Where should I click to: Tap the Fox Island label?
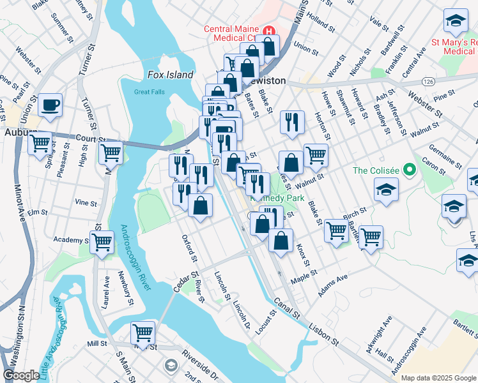click(170, 75)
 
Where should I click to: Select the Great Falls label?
click(150, 92)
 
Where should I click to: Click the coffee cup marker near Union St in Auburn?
click(50, 105)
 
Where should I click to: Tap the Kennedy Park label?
click(277, 199)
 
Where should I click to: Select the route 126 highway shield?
click(428, 82)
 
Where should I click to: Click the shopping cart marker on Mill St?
click(143, 332)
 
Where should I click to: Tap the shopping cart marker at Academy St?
click(102, 242)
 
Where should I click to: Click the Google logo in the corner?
click(21, 375)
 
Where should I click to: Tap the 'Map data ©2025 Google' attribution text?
click(438, 378)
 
